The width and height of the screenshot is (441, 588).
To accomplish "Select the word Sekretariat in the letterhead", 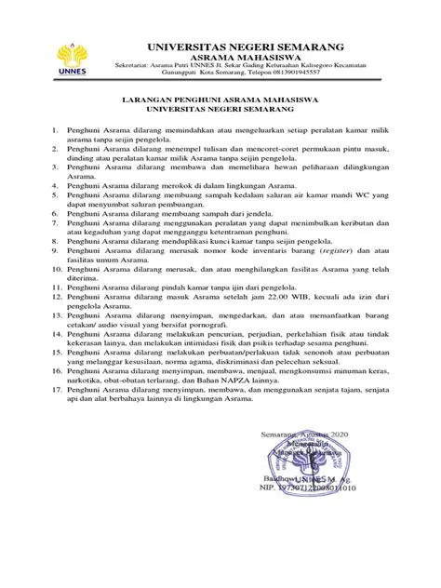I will click(x=130, y=65).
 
